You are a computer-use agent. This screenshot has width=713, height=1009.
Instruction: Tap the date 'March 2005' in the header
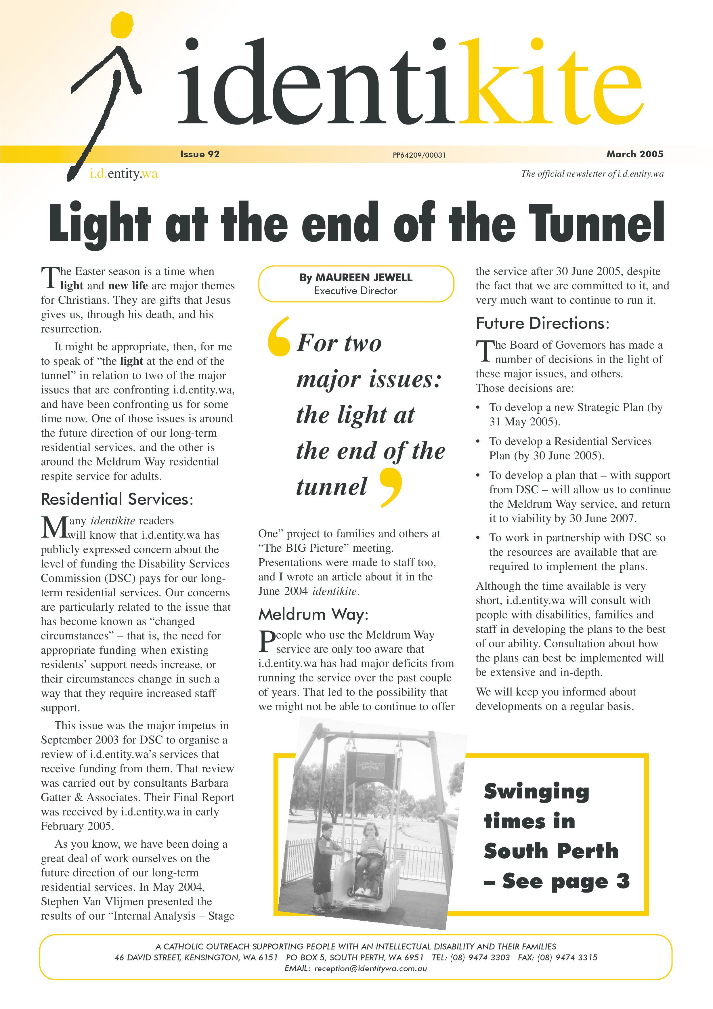634,154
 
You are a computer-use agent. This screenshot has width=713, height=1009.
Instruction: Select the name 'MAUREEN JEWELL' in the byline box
364,278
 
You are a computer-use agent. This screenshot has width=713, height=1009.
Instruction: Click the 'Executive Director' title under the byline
355,291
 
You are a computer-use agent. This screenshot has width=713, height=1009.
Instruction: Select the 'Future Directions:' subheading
542,324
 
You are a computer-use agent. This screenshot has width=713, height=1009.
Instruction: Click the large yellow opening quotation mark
279,337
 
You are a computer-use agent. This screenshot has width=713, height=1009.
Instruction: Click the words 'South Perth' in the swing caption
551,851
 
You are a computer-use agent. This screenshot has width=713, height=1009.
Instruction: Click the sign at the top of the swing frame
370,766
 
